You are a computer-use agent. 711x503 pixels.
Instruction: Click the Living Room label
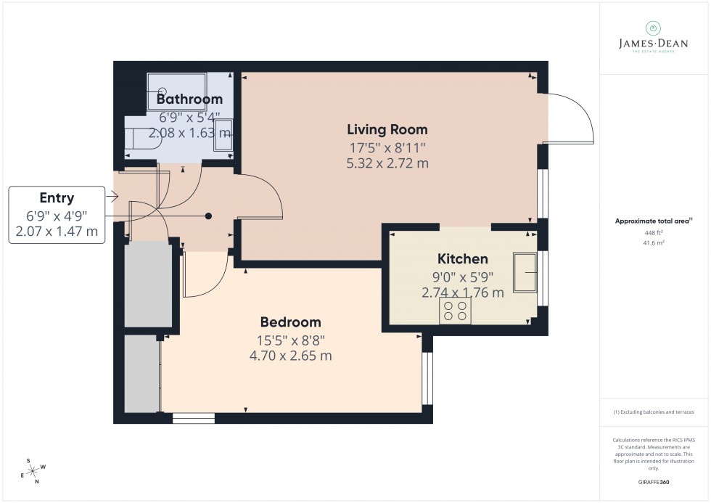387,130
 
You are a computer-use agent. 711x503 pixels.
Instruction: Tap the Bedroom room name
290,322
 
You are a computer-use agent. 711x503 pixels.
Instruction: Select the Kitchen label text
462,259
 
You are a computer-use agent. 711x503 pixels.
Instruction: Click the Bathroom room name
189,99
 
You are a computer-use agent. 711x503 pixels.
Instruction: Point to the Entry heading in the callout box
57,198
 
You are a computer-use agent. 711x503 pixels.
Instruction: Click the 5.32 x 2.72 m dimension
387,163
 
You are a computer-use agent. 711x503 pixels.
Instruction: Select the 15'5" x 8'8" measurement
290,339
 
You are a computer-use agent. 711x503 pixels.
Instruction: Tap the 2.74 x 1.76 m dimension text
462,293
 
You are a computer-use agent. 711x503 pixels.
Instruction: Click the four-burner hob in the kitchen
455,311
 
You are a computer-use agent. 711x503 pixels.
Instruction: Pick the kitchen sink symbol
525,272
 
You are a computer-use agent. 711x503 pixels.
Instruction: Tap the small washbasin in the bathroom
223,143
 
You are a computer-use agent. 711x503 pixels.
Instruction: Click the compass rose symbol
33,469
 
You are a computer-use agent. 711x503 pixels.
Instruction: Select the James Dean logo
652,38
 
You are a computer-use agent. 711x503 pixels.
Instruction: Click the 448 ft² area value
653,232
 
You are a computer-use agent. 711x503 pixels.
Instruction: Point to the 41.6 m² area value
653,243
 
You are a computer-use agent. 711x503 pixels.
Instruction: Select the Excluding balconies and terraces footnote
653,412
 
